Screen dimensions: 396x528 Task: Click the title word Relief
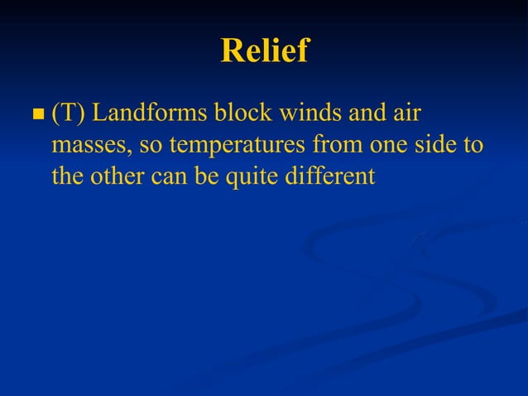pyautogui.click(x=264, y=51)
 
